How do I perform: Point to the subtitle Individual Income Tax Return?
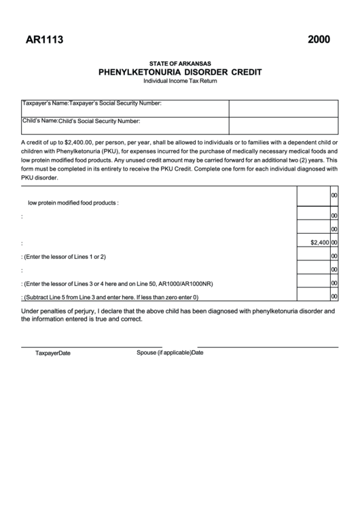pyautogui.click(x=180, y=81)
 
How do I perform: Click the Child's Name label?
pyautogui.click(x=40, y=121)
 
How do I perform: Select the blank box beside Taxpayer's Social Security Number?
pyautogui.click(x=283, y=108)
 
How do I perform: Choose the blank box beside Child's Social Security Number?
pyautogui.click(x=283, y=126)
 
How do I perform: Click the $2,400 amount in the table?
pyautogui.click(x=319, y=242)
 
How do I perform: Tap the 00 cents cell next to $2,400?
pyautogui.click(x=334, y=242)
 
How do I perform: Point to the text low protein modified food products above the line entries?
pyautogui.click(x=73, y=203)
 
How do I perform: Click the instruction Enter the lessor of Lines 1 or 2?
pyautogui.click(x=65, y=256)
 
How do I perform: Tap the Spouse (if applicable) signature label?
pyautogui.click(x=164, y=353)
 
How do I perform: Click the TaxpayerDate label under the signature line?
pyautogui.click(x=53, y=353)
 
